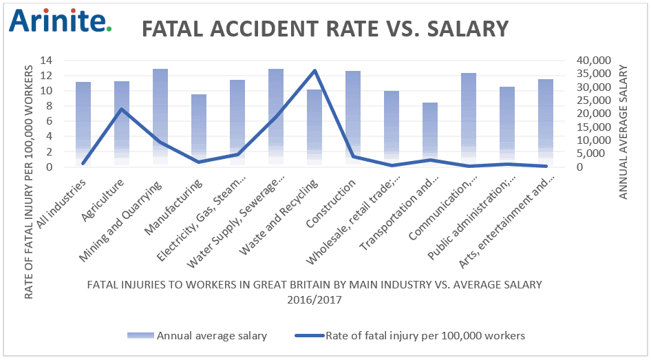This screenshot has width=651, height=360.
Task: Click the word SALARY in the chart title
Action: [x=462, y=29]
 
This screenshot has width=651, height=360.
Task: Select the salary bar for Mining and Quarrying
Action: [x=160, y=117]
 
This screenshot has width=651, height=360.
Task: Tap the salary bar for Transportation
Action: [x=429, y=134]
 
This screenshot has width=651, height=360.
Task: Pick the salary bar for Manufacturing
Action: [x=199, y=130]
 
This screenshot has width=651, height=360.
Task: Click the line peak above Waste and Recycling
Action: [x=314, y=70]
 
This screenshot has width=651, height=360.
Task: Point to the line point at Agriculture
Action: [x=122, y=109]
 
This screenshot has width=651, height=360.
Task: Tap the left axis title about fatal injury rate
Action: [x=30, y=182]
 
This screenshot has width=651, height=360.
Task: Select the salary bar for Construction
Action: [x=353, y=117]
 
